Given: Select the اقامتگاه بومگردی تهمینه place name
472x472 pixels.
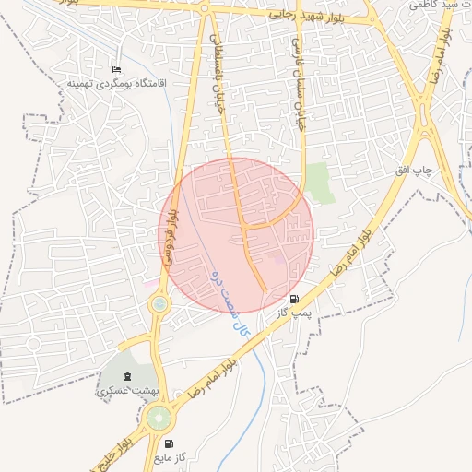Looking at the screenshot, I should tap(107, 83).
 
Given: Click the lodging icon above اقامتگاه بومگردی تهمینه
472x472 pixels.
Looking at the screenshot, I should tap(115, 70).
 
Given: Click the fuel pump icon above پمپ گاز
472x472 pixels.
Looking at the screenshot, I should tap(294, 299).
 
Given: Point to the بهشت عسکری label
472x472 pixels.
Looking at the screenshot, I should tap(127, 391).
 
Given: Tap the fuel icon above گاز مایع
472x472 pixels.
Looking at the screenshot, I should tap(169, 442).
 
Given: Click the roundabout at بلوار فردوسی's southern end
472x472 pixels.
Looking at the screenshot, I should tap(160, 302).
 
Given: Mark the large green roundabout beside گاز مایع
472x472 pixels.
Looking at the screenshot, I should tap(159, 419).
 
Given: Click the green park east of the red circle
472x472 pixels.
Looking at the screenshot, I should tap(320, 181).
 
